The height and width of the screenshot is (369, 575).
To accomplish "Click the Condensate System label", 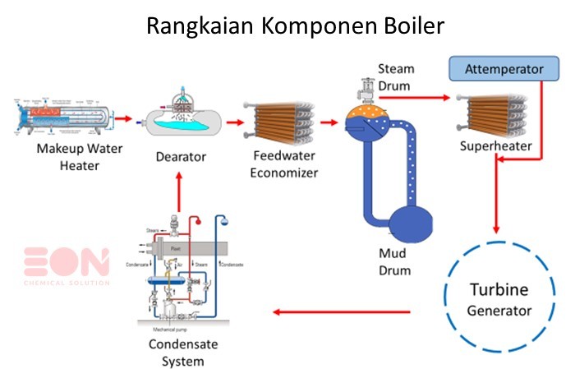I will pos(177,351).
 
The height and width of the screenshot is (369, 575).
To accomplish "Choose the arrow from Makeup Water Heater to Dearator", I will pos(123,119).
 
